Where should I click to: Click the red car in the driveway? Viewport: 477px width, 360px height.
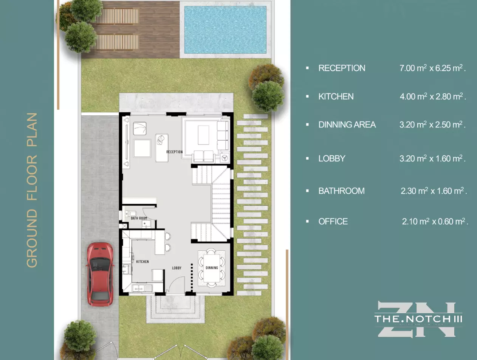(x=100, y=273)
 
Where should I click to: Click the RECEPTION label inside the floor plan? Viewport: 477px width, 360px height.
(x=174, y=152)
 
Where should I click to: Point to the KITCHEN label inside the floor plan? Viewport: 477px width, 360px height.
(x=142, y=261)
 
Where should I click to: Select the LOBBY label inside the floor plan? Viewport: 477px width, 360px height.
(x=177, y=268)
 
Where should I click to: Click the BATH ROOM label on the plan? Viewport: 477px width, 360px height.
(x=139, y=218)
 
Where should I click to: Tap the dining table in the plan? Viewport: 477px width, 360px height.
(x=212, y=268)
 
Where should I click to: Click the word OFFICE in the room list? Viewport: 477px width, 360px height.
(x=333, y=222)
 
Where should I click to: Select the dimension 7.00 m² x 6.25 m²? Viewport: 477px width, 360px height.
(x=432, y=68)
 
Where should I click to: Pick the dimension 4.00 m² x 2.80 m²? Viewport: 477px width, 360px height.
(x=433, y=96)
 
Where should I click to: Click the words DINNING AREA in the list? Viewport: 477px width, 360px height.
(x=347, y=125)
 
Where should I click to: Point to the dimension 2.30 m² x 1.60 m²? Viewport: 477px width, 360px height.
(x=434, y=191)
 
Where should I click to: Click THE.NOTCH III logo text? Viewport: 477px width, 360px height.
(x=418, y=319)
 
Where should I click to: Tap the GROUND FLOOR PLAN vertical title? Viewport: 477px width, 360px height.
(x=33, y=190)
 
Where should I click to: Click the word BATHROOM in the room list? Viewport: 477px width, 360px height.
(x=341, y=191)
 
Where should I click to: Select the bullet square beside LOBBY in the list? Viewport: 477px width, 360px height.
(x=307, y=158)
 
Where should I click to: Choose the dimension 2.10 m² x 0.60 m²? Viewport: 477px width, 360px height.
(x=435, y=222)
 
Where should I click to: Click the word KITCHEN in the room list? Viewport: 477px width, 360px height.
(x=336, y=96)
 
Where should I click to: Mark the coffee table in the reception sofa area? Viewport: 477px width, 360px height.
(x=203, y=135)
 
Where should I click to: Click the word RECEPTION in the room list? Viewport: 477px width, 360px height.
(x=342, y=68)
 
